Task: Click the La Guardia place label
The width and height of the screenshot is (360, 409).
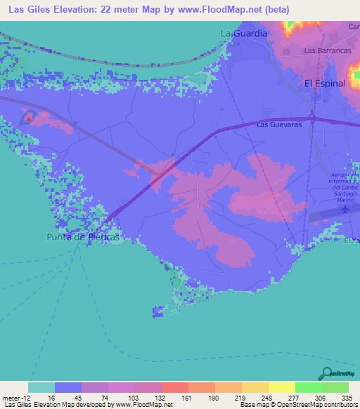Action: tap(244, 33)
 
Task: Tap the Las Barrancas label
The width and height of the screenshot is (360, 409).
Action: tap(327, 51)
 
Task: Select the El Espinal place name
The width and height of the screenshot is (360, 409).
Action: tap(324, 83)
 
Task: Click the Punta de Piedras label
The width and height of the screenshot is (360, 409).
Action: tap(84, 238)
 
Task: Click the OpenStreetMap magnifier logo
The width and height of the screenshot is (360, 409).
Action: tap(327, 372)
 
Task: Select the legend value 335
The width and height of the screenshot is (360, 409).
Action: tap(348, 397)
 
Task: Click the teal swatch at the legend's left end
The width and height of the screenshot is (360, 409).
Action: tap(41, 387)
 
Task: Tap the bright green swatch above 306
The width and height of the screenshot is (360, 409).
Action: tap(308, 387)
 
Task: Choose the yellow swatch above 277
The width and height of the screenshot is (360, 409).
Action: tap(281, 387)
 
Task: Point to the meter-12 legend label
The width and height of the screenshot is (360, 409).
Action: tap(14, 397)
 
